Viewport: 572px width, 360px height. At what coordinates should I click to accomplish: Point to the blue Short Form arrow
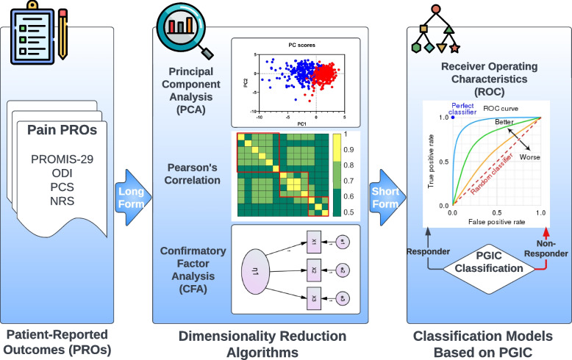pos(385,196)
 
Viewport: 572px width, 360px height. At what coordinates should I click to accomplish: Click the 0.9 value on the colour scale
pos(351,149)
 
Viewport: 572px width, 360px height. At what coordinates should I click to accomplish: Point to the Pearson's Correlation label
pos(189,173)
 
